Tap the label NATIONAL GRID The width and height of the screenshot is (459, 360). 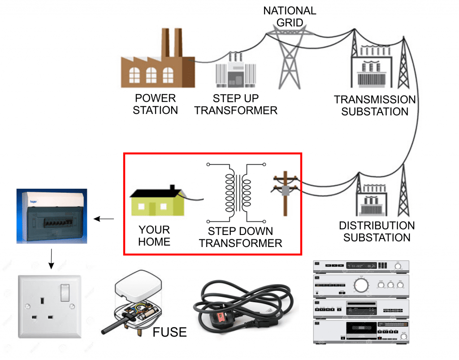click(x=290, y=16)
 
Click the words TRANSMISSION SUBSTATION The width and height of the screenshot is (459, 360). click(x=375, y=105)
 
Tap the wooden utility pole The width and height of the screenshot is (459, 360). click(x=285, y=193)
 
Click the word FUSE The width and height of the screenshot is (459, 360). click(x=169, y=332)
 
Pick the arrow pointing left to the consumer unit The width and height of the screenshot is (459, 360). click(x=104, y=219)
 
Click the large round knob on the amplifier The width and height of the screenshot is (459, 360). click(x=360, y=285)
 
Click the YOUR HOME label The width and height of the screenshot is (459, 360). click(x=154, y=236)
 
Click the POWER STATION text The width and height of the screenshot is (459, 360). click(x=155, y=104)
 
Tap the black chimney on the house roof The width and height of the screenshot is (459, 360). click(x=172, y=189)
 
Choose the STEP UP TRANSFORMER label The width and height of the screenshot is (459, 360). click(x=236, y=104)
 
